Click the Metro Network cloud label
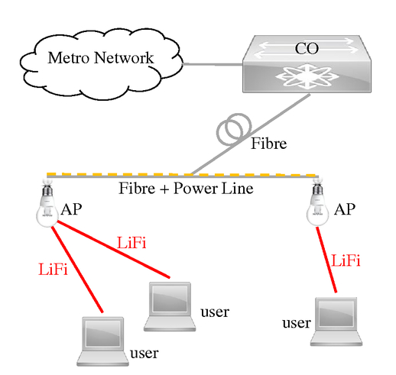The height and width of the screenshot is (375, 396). pos(101,58)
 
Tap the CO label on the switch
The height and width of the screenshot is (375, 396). pos(307,48)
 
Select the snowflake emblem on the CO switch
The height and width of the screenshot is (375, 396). pos(306,76)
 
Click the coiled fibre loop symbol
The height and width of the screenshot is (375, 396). pos(233,129)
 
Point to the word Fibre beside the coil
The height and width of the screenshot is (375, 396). pos(269,144)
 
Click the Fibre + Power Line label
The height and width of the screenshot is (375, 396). pos(186,189)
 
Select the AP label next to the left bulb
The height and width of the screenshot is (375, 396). pos(71,209)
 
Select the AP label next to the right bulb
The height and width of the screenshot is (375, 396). pos(345,209)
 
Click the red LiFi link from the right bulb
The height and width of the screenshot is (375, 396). pos(326,260)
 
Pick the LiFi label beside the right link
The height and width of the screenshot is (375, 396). pos(346,261)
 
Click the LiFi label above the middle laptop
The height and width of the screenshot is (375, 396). pos(131,243)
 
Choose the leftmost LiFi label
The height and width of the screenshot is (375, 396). pos(53,270)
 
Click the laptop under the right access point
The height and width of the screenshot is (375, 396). pos(336,322)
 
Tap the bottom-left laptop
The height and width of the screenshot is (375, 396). pos(102,341)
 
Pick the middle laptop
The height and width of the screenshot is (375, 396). pos(170,306)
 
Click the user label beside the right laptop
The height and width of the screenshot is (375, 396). pos(297,323)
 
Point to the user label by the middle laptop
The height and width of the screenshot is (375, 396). pos(215,312)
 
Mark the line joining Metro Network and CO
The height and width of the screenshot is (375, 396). pos(213,64)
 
